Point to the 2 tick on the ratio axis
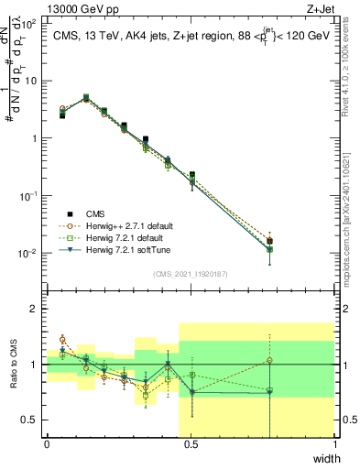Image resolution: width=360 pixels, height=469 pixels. [x=35, y=309]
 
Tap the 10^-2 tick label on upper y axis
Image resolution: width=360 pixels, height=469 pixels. [x=28, y=253]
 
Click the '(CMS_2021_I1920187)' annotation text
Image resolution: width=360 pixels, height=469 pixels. [x=190, y=273]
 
